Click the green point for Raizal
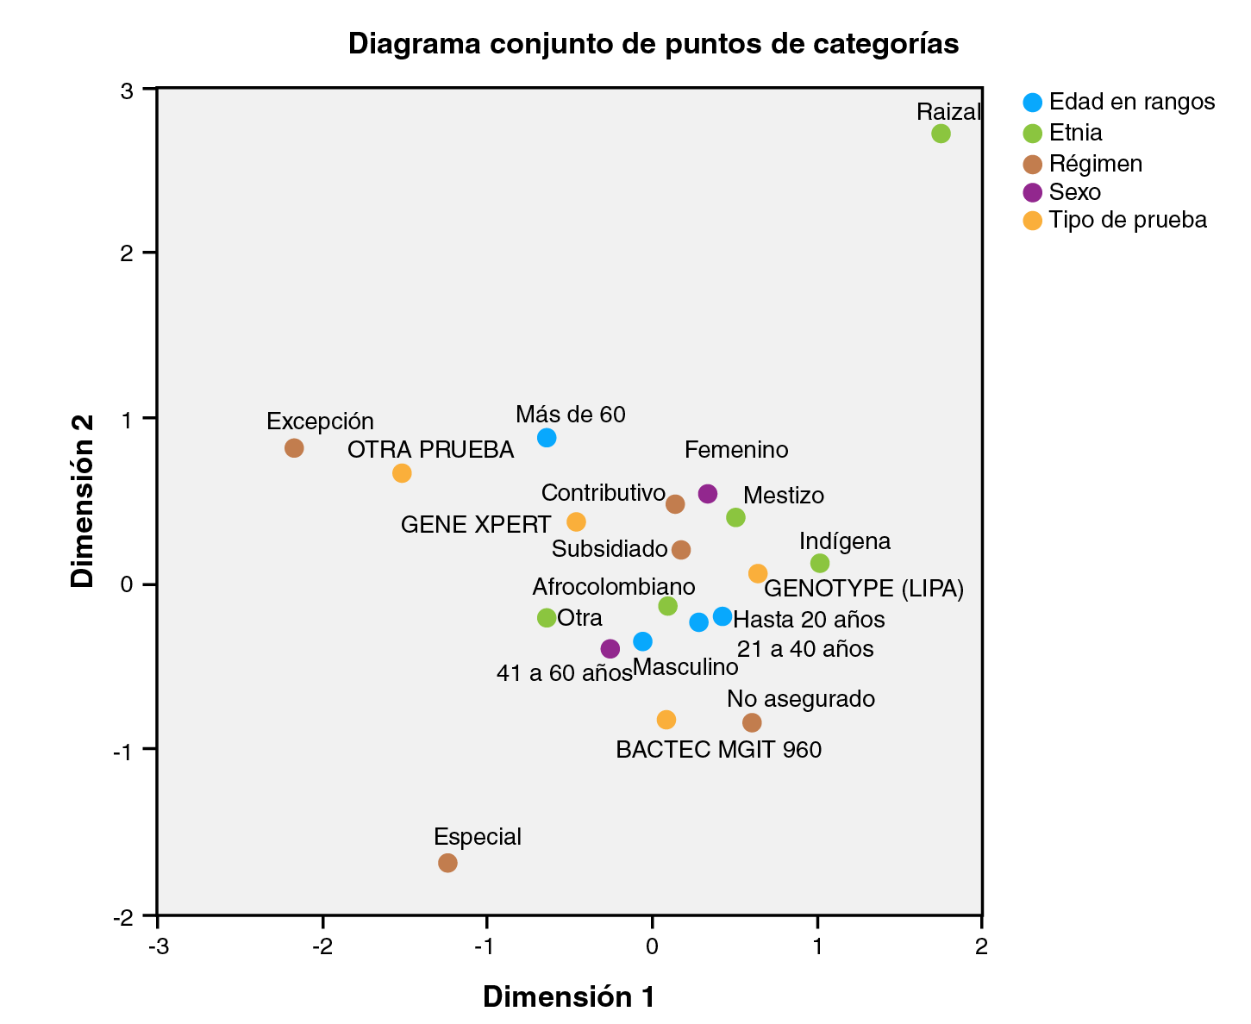click(x=941, y=134)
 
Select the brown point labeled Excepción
click(x=294, y=448)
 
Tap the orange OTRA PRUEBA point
click(x=402, y=473)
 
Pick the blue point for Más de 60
click(x=547, y=438)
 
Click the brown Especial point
click(x=447, y=863)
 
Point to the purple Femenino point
click(x=708, y=494)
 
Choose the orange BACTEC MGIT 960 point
click(x=666, y=720)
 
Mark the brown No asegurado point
click(x=752, y=722)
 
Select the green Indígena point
click(x=820, y=564)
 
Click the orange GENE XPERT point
click(x=576, y=521)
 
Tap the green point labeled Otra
click(x=547, y=617)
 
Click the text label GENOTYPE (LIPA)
click(x=864, y=590)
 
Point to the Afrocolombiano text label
click(x=613, y=587)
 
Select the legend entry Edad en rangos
click(x=1131, y=102)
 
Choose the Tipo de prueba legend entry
click(x=1127, y=220)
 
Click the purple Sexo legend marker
click(x=1032, y=191)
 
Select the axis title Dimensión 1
click(x=568, y=997)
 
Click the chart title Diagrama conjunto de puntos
click(x=654, y=44)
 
